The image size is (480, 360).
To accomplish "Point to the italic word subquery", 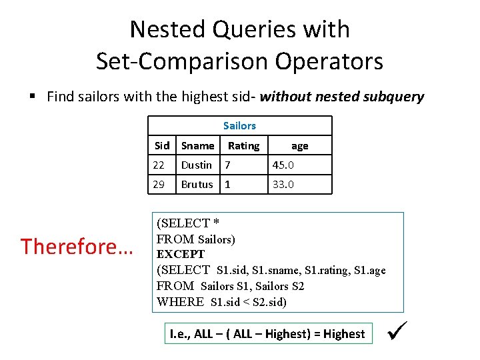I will pyautogui.click(x=394, y=97).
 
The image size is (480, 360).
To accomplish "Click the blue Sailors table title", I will pyautogui.click(x=239, y=125).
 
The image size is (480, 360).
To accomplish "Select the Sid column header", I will pyautogui.click(x=162, y=145).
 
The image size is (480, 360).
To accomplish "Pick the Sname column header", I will pyautogui.click(x=198, y=145).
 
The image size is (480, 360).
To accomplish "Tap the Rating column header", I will pyautogui.click(x=243, y=145).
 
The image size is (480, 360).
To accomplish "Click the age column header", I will pyautogui.click(x=300, y=145).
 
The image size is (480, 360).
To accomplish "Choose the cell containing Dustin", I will pyautogui.click(x=197, y=165).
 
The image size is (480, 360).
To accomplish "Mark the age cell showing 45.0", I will pyautogui.click(x=283, y=165).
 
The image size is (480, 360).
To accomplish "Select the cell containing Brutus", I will pyautogui.click(x=197, y=184).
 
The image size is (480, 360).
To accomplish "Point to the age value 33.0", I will pyautogui.click(x=283, y=184).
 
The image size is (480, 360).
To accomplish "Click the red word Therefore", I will pyautogui.click(x=77, y=247).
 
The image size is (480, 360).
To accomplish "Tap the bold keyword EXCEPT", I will pyautogui.click(x=181, y=254).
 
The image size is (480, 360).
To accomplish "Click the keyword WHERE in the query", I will pyautogui.click(x=181, y=302).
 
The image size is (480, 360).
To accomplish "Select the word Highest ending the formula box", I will pyautogui.click(x=344, y=334).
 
